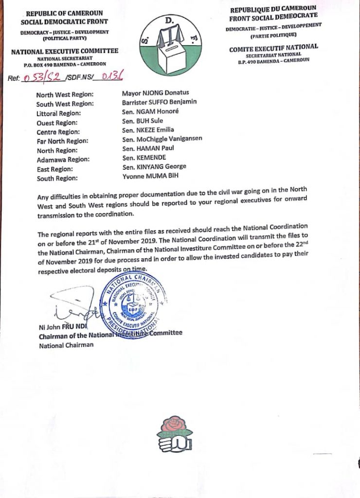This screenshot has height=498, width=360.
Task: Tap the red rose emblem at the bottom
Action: pos(174,433)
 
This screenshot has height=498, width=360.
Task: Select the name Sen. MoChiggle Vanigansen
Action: pos(162,139)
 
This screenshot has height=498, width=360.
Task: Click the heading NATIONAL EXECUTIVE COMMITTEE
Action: pos(64,51)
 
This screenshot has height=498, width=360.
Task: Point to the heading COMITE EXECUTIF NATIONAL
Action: pos(274,47)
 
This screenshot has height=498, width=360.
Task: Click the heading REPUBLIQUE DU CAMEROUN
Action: pos(273,9)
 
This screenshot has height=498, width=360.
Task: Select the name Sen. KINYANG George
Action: pos(154,167)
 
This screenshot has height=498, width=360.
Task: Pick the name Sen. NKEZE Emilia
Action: pos(148,130)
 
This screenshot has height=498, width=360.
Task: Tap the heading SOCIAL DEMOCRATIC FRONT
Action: pos(64,22)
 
